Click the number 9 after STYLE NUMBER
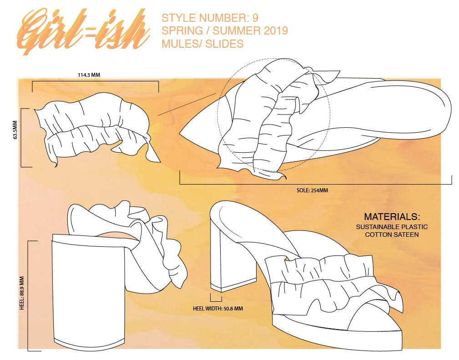pyautogui.click(x=255, y=19)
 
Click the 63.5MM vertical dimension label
pyautogui.click(x=15, y=131)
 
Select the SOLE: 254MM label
pyautogui.click(x=312, y=190)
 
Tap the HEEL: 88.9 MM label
pyautogui.click(x=22, y=291)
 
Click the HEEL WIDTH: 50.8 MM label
pyautogui.click(x=218, y=309)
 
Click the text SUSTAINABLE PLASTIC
pyautogui.click(x=392, y=227)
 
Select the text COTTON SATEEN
pyautogui.click(x=392, y=235)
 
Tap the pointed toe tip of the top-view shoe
pyautogui.click(x=182, y=135)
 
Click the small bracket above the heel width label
pyautogui.click(x=216, y=299)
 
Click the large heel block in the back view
pyautogui.click(x=88, y=291)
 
